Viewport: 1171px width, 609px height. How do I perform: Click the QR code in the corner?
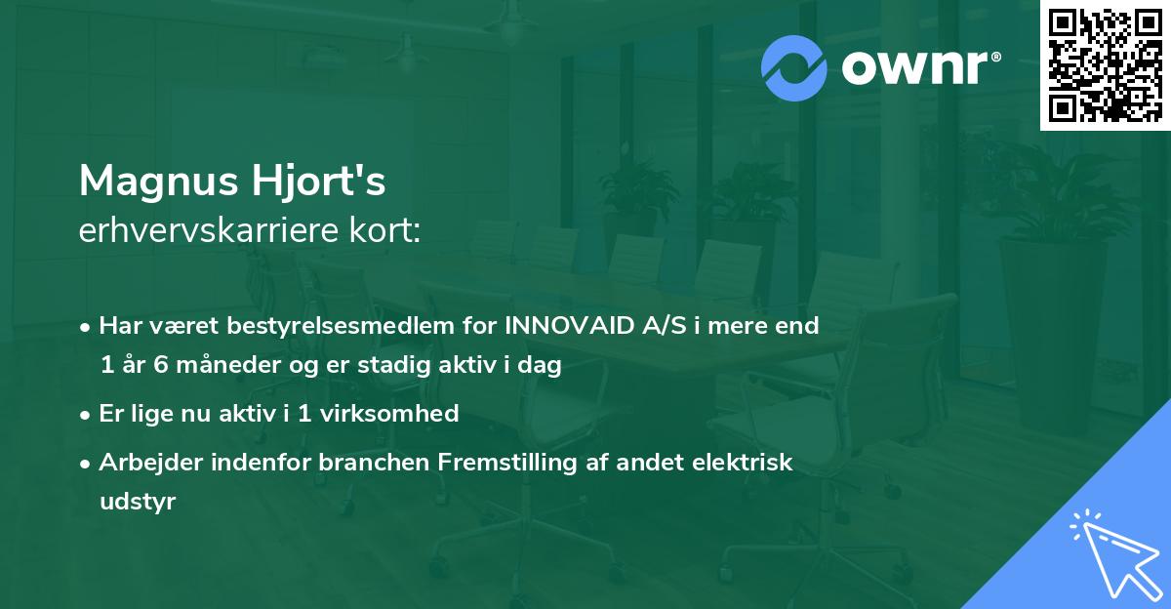pos(1105,65)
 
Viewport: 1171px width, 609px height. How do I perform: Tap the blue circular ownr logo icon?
pos(794,68)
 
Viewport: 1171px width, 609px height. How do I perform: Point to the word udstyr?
pos(137,502)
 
